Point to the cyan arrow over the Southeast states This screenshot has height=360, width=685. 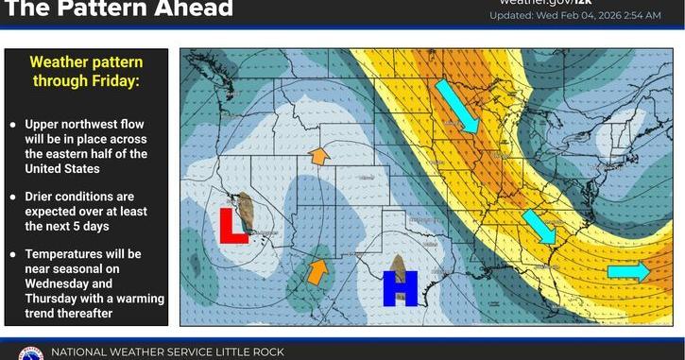pos(539,228)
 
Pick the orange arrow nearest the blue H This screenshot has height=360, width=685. pos(318,271)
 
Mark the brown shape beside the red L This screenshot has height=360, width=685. pos(246,212)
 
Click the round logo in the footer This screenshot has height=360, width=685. pos(29,354)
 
